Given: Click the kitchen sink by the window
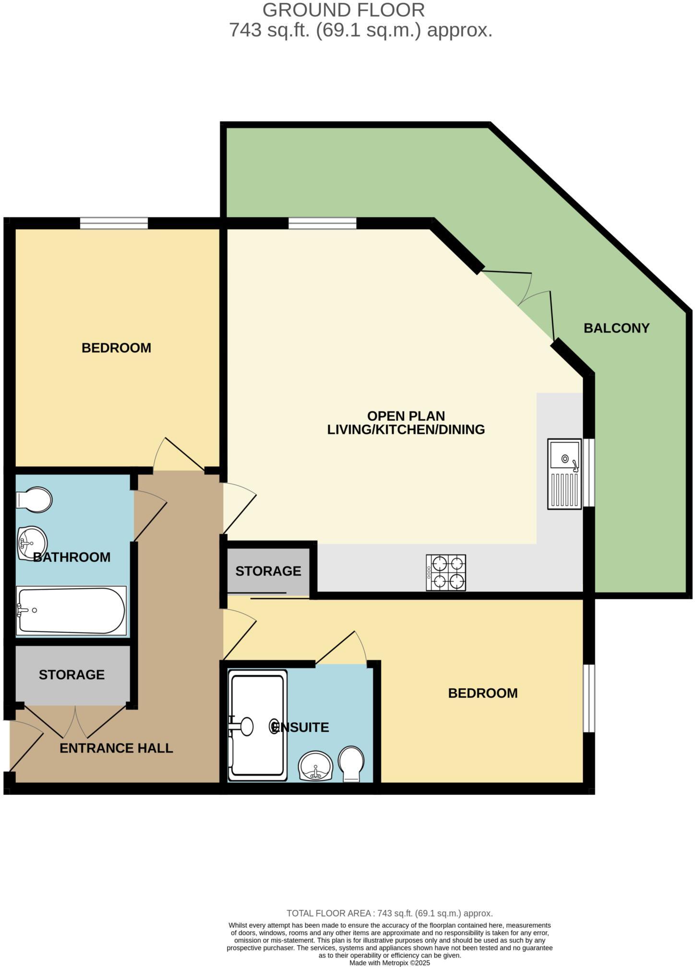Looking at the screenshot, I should click(564, 474).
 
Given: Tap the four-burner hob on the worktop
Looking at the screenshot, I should click(446, 573).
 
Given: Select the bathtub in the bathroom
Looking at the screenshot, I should click(71, 611).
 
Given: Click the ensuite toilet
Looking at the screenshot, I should click(351, 763).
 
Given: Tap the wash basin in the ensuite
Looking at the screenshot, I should click(315, 766).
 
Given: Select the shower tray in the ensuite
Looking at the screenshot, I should click(257, 725).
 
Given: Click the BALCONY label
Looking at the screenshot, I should click(616, 328).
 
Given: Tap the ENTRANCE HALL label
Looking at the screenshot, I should click(116, 748).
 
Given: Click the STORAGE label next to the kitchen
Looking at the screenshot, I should click(268, 571).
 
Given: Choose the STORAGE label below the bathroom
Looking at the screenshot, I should click(72, 674).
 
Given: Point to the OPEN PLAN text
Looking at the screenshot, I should click(406, 415).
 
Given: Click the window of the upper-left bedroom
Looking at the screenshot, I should click(114, 223).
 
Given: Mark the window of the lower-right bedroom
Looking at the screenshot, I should click(589, 698).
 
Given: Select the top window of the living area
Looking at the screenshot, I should click(323, 223).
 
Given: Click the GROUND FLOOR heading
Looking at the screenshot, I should click(343, 10).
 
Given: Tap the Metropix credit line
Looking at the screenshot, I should click(389, 963).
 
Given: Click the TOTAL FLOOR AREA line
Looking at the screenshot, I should click(389, 913).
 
